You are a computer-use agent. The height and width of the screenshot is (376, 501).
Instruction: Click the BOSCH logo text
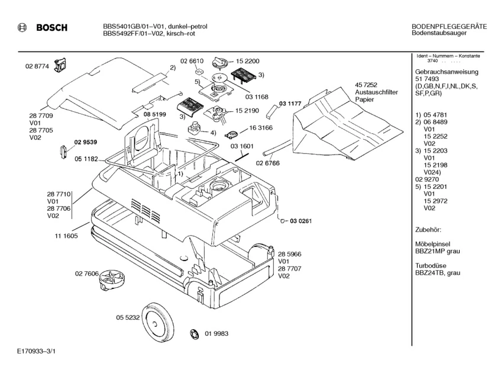(51, 28)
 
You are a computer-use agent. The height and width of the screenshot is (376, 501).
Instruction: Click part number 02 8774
(36, 66)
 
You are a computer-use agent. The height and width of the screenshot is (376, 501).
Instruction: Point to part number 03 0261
(300, 221)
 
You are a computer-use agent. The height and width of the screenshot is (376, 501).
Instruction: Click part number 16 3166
(261, 127)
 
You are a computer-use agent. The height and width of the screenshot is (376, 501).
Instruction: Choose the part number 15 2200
(248, 61)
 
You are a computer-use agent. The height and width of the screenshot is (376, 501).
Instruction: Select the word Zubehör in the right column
(429, 229)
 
